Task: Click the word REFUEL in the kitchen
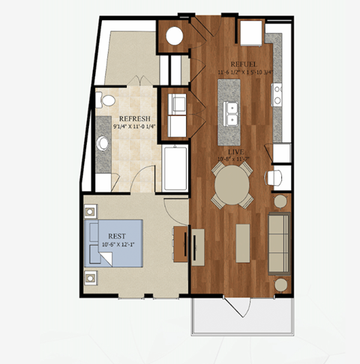coord(244,64)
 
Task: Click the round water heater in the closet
coord(175,34)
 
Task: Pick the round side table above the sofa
coord(280,201)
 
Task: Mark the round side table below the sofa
coord(280,284)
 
